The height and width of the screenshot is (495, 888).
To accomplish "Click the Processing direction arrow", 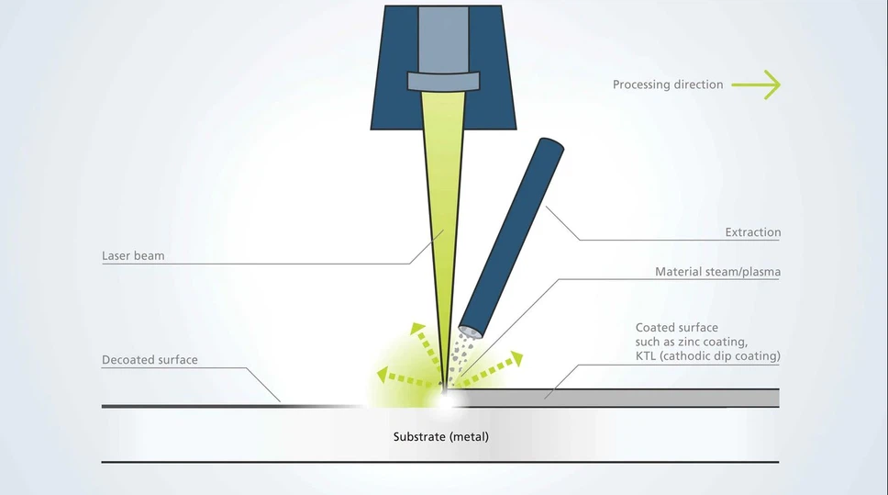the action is click(756, 85).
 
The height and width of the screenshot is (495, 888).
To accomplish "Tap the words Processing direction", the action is click(668, 84).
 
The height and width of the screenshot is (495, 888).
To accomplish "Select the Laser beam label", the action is click(133, 255).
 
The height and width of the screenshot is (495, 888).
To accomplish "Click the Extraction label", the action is click(752, 232).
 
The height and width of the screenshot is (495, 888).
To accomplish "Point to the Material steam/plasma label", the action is click(717, 272).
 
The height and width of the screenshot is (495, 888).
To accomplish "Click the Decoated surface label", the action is click(150, 359).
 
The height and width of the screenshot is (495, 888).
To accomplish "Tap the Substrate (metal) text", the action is click(440, 436).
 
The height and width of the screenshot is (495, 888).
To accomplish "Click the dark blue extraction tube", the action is click(511, 238).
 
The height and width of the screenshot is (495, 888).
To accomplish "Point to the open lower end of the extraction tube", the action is click(470, 332).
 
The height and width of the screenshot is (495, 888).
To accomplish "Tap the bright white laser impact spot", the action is click(445, 400).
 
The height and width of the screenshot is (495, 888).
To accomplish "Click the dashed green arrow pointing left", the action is click(406, 378).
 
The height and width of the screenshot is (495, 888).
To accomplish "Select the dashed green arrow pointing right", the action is click(488, 369).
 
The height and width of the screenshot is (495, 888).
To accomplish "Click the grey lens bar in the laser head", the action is click(443, 81).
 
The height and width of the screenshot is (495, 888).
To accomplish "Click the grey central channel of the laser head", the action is click(443, 39).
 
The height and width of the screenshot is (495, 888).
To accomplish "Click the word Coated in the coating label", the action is click(652, 328).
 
